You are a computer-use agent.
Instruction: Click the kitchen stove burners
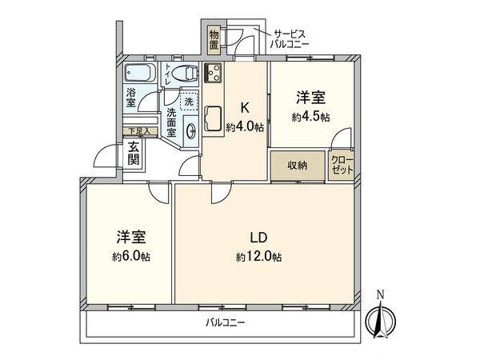coord(213,74)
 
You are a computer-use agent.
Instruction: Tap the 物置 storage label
coord(214,39)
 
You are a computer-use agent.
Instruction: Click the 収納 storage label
coord(297,166)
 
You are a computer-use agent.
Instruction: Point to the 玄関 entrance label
coord(134,153)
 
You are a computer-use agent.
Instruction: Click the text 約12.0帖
coord(258,257)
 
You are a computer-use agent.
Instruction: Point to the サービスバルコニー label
coord(293,40)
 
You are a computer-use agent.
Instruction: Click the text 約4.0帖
coord(244,127)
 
